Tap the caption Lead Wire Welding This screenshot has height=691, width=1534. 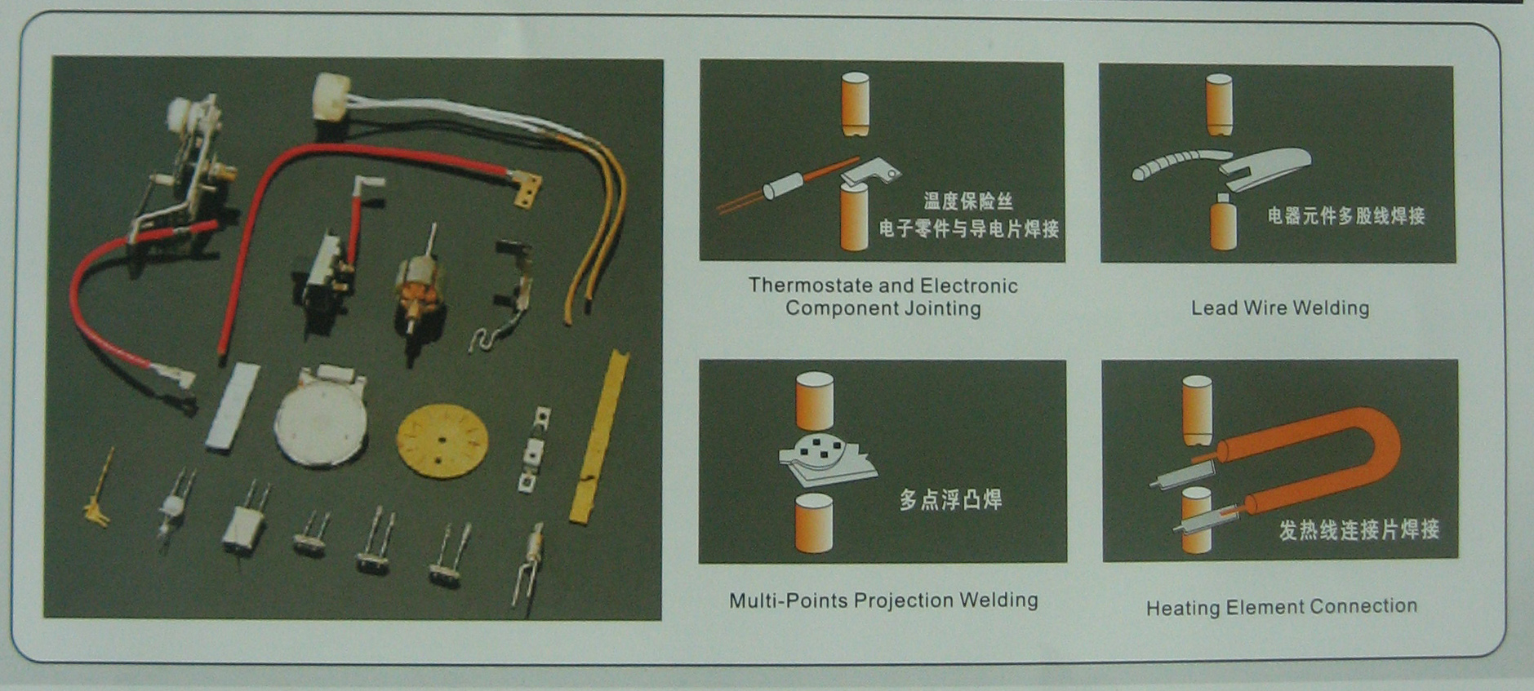1280,308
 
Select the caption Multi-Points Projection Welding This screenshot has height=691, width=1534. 883,600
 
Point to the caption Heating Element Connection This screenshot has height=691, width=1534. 1282,607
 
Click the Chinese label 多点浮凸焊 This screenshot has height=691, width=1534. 950,499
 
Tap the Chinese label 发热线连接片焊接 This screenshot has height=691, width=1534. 1358,529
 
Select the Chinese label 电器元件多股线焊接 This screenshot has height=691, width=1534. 1346,215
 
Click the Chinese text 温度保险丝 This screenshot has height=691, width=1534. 968,201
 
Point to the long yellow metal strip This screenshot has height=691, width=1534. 600,436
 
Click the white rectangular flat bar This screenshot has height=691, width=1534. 233,405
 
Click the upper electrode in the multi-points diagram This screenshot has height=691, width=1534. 815,401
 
